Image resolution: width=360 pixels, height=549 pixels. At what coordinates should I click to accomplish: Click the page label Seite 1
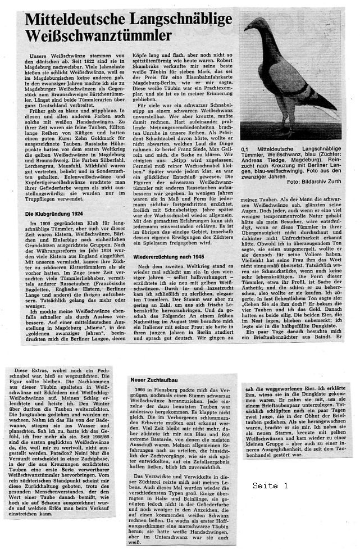(x=270, y=485)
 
